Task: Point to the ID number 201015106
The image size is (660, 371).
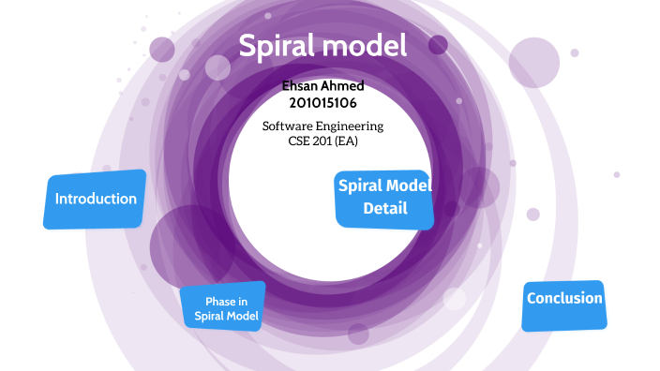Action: (322, 102)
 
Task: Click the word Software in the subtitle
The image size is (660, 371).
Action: (289, 126)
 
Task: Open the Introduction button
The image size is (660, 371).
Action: (96, 199)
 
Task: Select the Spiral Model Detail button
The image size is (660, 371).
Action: (385, 198)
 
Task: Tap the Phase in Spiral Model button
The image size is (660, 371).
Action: (224, 308)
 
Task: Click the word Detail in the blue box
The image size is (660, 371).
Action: (385, 208)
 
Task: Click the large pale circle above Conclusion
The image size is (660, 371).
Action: (533, 62)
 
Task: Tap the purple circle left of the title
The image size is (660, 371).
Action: (162, 49)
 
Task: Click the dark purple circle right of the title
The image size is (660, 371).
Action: (438, 44)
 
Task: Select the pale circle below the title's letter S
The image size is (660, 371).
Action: (217, 67)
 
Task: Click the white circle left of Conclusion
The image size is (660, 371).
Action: (455, 299)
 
